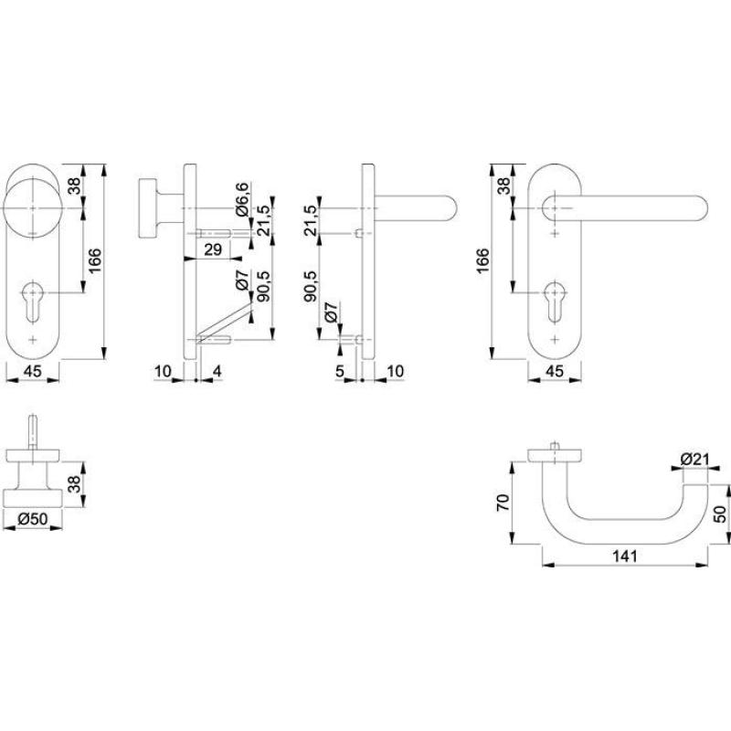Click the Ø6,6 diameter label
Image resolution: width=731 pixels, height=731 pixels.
click(x=243, y=199)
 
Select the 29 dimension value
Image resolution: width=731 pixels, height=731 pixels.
click(x=213, y=249)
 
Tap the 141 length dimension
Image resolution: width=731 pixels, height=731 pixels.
click(x=624, y=556)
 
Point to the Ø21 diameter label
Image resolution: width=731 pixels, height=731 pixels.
click(x=694, y=460)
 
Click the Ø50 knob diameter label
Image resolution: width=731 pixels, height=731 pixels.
click(x=33, y=518)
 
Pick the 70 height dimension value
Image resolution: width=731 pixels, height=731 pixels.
click(x=504, y=503)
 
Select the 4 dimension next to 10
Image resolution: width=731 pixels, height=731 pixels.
click(x=217, y=372)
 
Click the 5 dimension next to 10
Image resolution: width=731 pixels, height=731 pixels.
click(x=339, y=372)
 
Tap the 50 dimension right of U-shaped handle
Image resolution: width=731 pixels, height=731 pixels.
click(x=720, y=514)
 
